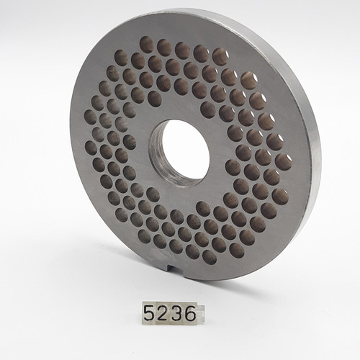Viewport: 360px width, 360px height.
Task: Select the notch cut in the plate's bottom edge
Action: pyautogui.click(x=171, y=269)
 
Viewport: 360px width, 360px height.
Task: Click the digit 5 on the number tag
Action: pyautogui.click(x=150, y=314)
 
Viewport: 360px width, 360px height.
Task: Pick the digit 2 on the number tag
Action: pyautogui.click(x=163, y=314)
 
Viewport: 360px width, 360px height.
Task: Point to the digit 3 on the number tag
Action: pyautogui.click(x=176, y=314)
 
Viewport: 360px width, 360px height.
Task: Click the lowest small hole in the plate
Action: pyautogui.click(x=210, y=256)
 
